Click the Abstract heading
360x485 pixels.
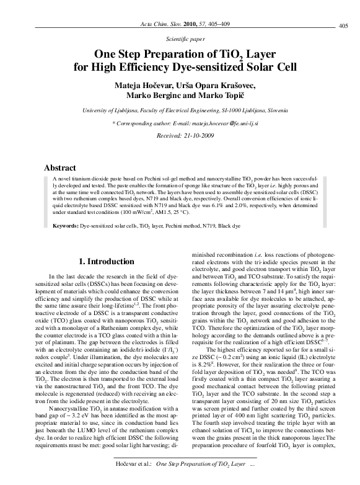(x=60, y=167)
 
